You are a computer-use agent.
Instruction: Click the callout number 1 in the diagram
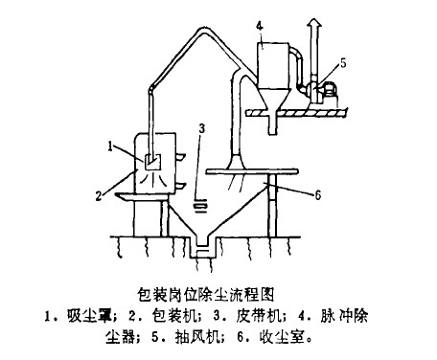tap(111, 146)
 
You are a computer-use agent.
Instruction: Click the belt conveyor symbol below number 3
tap(201, 203)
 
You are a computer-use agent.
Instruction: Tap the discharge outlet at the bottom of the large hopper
tap(202, 251)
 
